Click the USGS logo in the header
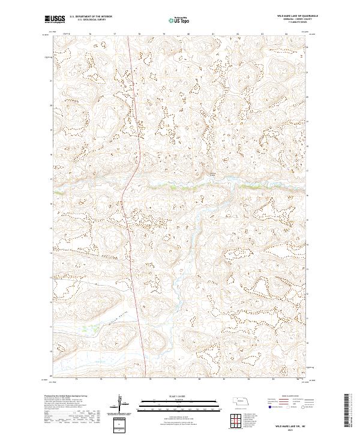pyautogui.click(x=55, y=20)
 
